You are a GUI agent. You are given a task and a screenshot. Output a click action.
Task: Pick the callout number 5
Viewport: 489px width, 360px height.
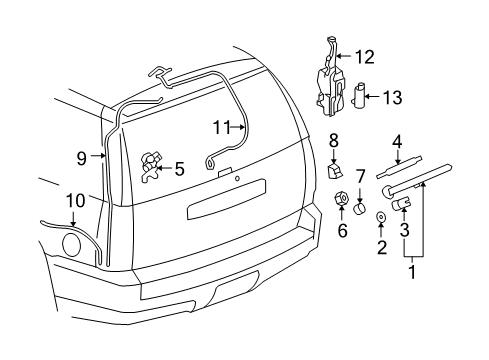point(178,169)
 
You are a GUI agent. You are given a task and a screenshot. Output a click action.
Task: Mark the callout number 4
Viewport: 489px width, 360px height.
point(397,141)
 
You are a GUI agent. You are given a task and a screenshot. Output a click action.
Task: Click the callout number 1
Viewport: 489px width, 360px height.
point(412,267)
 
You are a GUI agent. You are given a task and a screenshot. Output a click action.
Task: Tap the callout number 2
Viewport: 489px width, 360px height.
point(381,246)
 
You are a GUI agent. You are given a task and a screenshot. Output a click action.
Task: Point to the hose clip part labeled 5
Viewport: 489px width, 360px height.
point(153,163)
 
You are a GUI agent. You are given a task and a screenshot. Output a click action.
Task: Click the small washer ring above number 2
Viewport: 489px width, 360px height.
point(382,218)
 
